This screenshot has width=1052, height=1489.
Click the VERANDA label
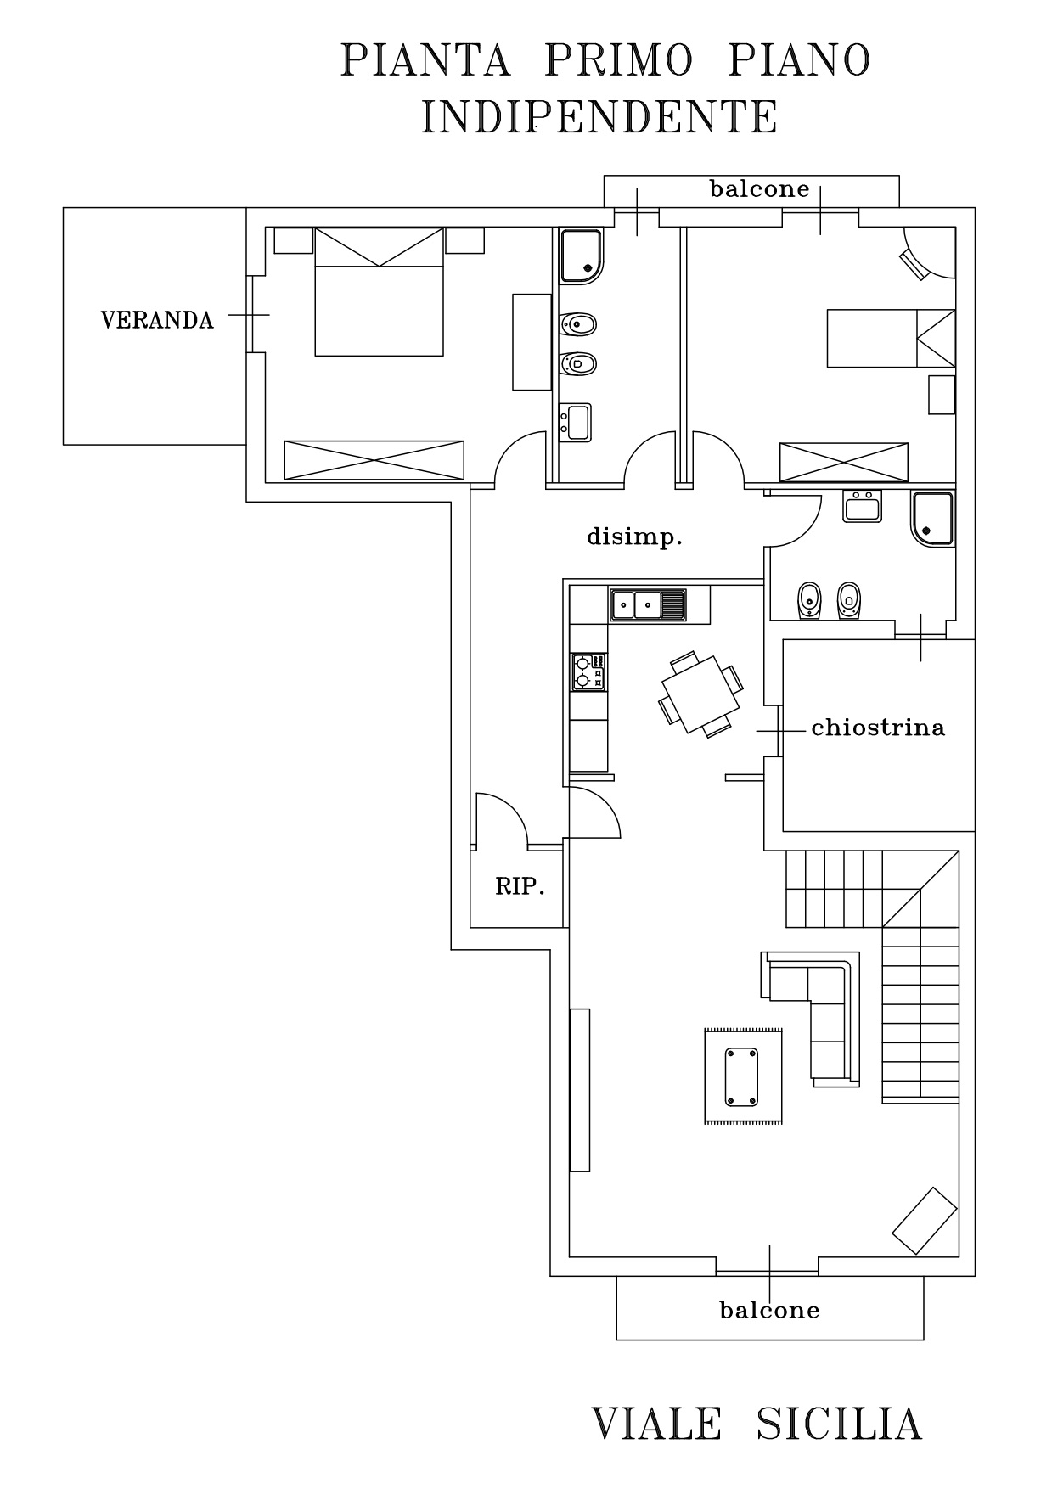157,320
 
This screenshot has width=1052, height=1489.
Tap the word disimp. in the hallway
635,537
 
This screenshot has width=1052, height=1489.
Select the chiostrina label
878,728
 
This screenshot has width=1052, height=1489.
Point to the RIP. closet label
520,887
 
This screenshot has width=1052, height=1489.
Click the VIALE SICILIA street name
756,1424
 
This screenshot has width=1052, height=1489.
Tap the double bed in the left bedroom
379,291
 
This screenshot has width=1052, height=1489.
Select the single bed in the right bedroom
892,338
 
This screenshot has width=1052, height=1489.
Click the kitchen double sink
648,605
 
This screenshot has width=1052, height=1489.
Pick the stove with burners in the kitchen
588,671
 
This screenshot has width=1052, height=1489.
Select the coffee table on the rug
743,1076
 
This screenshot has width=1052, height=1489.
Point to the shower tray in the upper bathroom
581,256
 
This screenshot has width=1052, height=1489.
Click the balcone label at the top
760,188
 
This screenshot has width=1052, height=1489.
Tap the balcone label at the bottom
769,1310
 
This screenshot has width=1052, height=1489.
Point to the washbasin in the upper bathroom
577,422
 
